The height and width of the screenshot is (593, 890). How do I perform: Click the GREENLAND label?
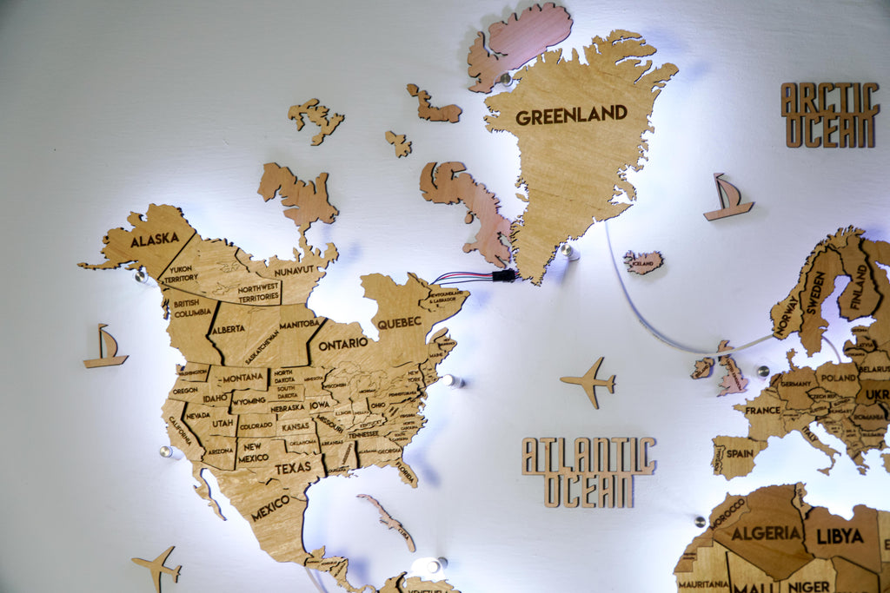(x=571, y=115)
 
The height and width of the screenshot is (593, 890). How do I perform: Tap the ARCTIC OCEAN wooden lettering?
(x=829, y=115)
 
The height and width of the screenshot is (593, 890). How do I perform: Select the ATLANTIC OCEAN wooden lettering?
(x=588, y=471)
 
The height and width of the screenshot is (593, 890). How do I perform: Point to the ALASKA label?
(x=155, y=239)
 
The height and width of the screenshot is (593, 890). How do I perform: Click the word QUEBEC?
(x=399, y=323)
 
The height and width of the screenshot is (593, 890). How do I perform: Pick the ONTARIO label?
(x=342, y=344)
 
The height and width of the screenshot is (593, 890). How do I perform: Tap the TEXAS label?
(x=293, y=468)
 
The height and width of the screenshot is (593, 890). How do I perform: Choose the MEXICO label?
(x=270, y=507)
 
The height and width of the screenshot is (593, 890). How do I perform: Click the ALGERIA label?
(x=765, y=532)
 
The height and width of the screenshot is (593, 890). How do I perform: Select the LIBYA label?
(x=840, y=536)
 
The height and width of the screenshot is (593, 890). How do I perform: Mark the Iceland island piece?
(x=643, y=261)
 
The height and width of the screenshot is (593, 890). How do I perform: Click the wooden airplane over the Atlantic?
(x=589, y=381)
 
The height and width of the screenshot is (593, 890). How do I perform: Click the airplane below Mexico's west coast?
(x=157, y=567)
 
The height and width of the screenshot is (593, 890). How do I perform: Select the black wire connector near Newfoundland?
(x=503, y=275)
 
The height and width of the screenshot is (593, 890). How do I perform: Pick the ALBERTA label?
(x=228, y=329)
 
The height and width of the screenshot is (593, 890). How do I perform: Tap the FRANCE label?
(x=762, y=410)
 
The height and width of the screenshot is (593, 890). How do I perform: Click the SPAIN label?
(x=740, y=452)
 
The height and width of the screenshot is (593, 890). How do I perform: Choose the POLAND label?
(x=837, y=379)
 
